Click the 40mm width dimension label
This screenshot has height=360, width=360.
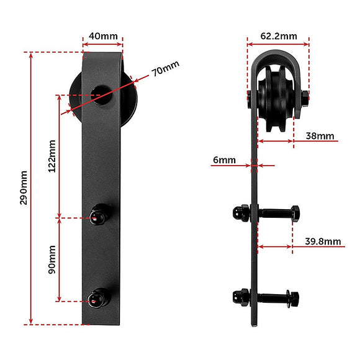click(103, 36)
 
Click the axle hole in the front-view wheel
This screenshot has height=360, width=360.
click(102, 95)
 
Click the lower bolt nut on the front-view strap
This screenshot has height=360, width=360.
click(99, 298)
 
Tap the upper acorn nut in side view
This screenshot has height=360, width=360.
click(240, 213)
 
